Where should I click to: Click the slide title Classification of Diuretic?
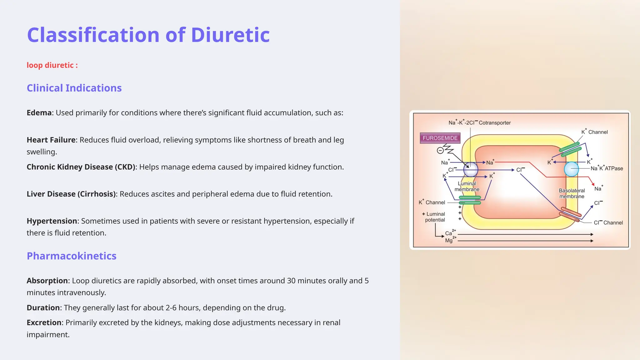point(148,35)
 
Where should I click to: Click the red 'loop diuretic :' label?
point(52,65)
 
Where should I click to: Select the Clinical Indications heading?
point(74,88)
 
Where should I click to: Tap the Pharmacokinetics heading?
point(71,256)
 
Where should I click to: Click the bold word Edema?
point(39,112)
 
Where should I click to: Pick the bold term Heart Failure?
point(51,140)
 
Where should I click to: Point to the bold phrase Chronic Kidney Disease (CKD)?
point(81,167)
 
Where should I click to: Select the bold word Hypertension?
point(52,221)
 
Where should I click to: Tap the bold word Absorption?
point(47,281)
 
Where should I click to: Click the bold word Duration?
point(43,307)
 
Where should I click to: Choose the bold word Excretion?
point(45,322)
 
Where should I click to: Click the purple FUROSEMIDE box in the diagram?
point(440,138)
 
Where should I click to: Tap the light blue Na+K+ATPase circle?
point(571,169)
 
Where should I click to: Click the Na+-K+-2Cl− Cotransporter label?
point(479,123)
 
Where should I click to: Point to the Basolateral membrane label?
point(572,193)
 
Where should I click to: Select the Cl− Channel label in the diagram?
point(608,222)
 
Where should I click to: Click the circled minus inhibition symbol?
point(440,151)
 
